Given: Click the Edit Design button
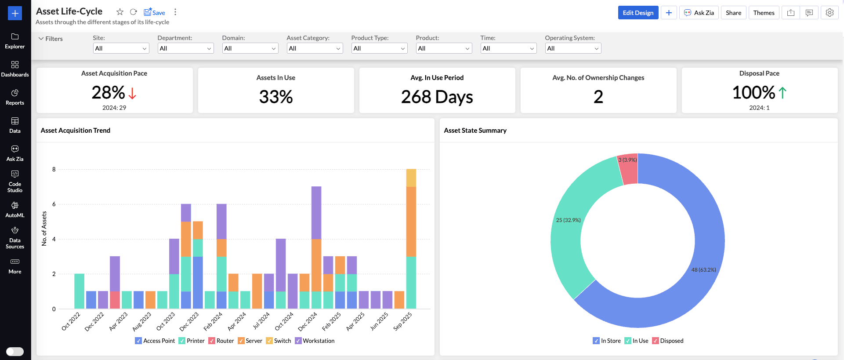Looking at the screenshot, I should click(638, 13).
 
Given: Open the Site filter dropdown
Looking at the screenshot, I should click(121, 48).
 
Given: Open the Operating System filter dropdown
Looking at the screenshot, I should click(572, 48).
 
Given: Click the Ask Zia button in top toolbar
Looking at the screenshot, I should click(699, 13).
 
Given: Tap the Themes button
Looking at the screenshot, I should click(764, 13).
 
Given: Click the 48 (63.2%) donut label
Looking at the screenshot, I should click(703, 270).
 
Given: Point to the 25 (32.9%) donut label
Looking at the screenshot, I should click(568, 220).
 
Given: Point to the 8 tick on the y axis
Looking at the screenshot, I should click(54, 169).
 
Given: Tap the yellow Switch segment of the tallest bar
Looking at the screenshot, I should click(411, 178).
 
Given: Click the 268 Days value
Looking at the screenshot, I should click(437, 97).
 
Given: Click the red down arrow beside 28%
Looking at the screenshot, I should click(132, 93).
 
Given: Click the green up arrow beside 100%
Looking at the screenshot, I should click(782, 93).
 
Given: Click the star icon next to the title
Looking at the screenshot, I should click(120, 12).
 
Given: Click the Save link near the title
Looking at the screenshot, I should click(155, 12).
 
